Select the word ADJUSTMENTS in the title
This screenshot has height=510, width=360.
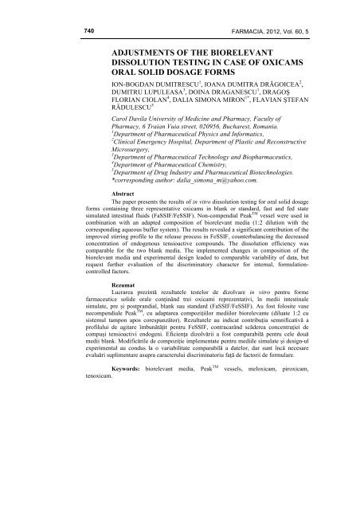click(149, 50)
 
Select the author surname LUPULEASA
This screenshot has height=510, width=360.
click(170, 92)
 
